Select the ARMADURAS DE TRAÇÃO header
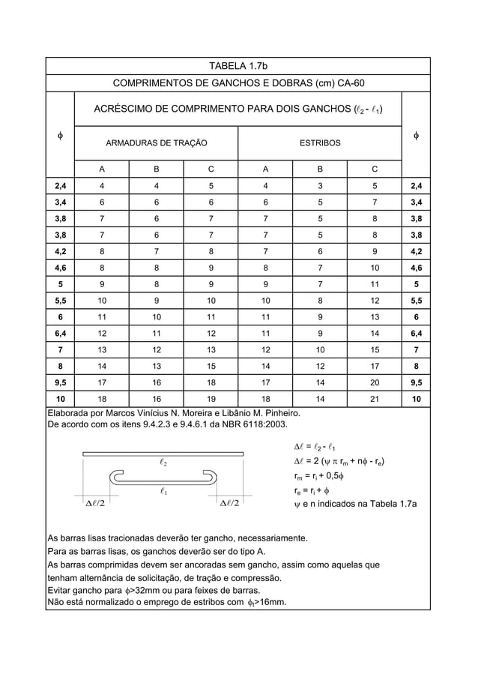[156, 142]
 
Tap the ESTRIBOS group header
[320, 142]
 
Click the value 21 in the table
[374, 400]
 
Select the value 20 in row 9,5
[374, 383]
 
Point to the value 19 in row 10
[211, 400]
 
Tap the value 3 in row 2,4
[320, 186]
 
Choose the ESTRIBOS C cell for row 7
[374, 350]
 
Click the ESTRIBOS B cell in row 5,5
[320, 301]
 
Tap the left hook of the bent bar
[117, 478]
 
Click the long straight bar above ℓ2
[163, 453]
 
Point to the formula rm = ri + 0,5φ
[318, 476]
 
